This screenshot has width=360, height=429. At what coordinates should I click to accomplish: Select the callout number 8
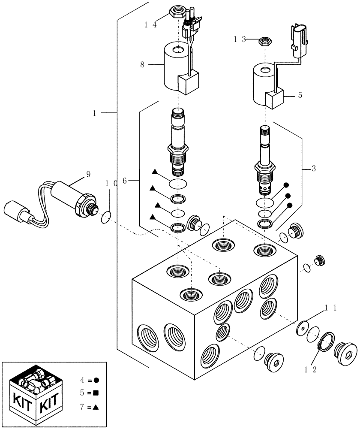(141, 65)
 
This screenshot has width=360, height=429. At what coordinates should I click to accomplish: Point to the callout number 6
(124, 181)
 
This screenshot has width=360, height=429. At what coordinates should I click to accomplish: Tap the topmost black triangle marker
(155, 172)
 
